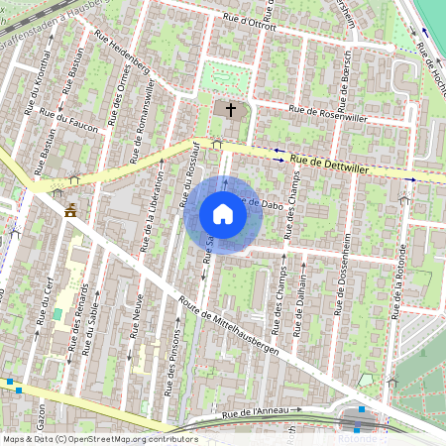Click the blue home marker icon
point(223,214)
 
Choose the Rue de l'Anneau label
point(256,411)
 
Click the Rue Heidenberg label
point(122,56)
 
